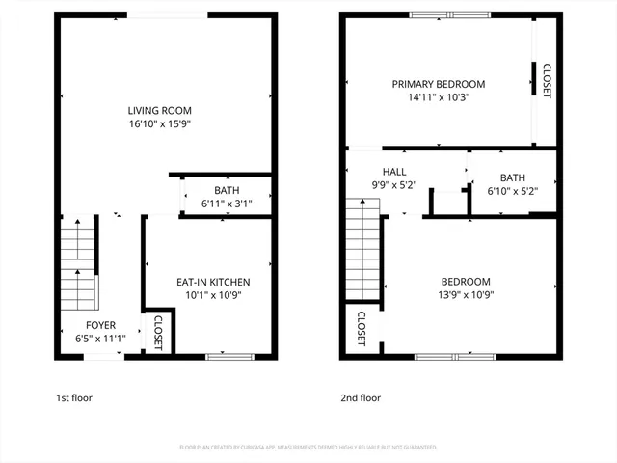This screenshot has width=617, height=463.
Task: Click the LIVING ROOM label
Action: pos(163,109)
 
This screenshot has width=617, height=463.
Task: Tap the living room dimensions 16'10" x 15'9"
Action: pos(163,124)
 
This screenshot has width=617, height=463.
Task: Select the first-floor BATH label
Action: pos(227,190)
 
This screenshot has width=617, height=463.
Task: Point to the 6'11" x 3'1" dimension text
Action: pos(227,204)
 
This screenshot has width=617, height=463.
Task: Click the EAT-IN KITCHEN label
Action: pos(208,281)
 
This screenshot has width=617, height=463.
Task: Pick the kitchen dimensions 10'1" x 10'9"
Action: pos(208,295)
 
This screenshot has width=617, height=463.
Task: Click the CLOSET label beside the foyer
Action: pos(158,334)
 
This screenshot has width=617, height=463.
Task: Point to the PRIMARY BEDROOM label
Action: pos(438,84)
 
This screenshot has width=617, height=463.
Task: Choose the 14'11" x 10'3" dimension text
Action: pos(438,98)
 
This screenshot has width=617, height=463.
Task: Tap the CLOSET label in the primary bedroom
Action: pos(547,81)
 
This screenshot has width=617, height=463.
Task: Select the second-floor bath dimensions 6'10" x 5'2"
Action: pos(512,192)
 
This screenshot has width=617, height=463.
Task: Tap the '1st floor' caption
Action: pos(74,397)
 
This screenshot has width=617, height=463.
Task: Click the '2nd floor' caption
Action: pos(361,397)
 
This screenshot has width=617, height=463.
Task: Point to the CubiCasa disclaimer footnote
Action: pos(308,448)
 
